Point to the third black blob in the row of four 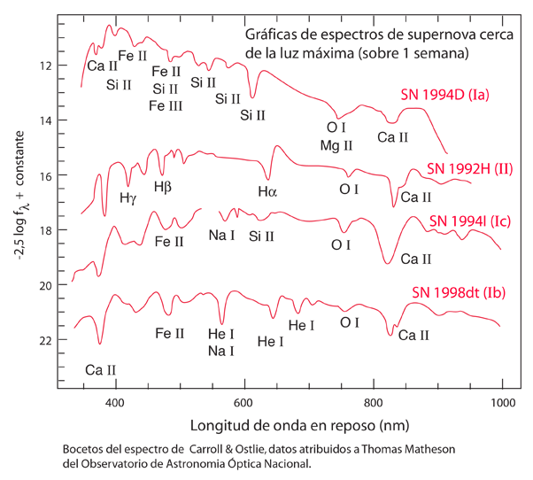pos(341,191)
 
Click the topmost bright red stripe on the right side pos(443,97)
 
